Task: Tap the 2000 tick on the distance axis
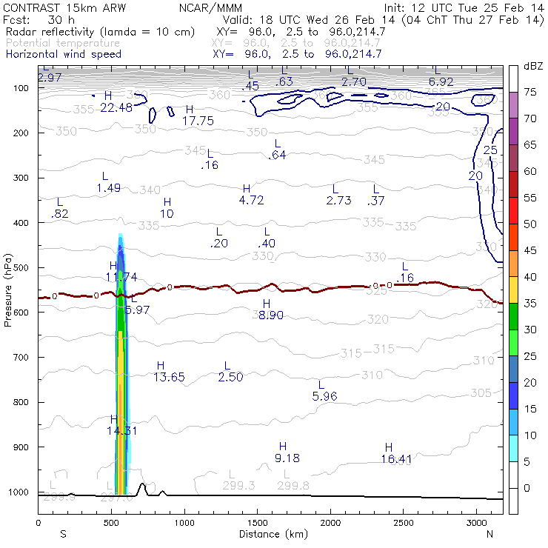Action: click(x=330, y=523)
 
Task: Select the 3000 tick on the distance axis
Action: click(x=475, y=523)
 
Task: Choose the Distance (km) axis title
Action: click(x=270, y=534)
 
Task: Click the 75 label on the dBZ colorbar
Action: click(x=531, y=92)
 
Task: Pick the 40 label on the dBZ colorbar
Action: click(x=531, y=276)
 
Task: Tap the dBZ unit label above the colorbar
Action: click(x=533, y=66)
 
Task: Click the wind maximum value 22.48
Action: click(x=116, y=107)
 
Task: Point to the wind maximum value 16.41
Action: click(x=396, y=459)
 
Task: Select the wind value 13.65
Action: click(x=169, y=378)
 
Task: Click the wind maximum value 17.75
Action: click(x=198, y=121)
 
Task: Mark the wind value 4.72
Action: click(x=252, y=200)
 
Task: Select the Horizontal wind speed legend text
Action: click(x=63, y=54)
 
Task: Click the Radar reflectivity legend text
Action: click(x=100, y=32)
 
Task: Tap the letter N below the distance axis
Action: click(x=489, y=534)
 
